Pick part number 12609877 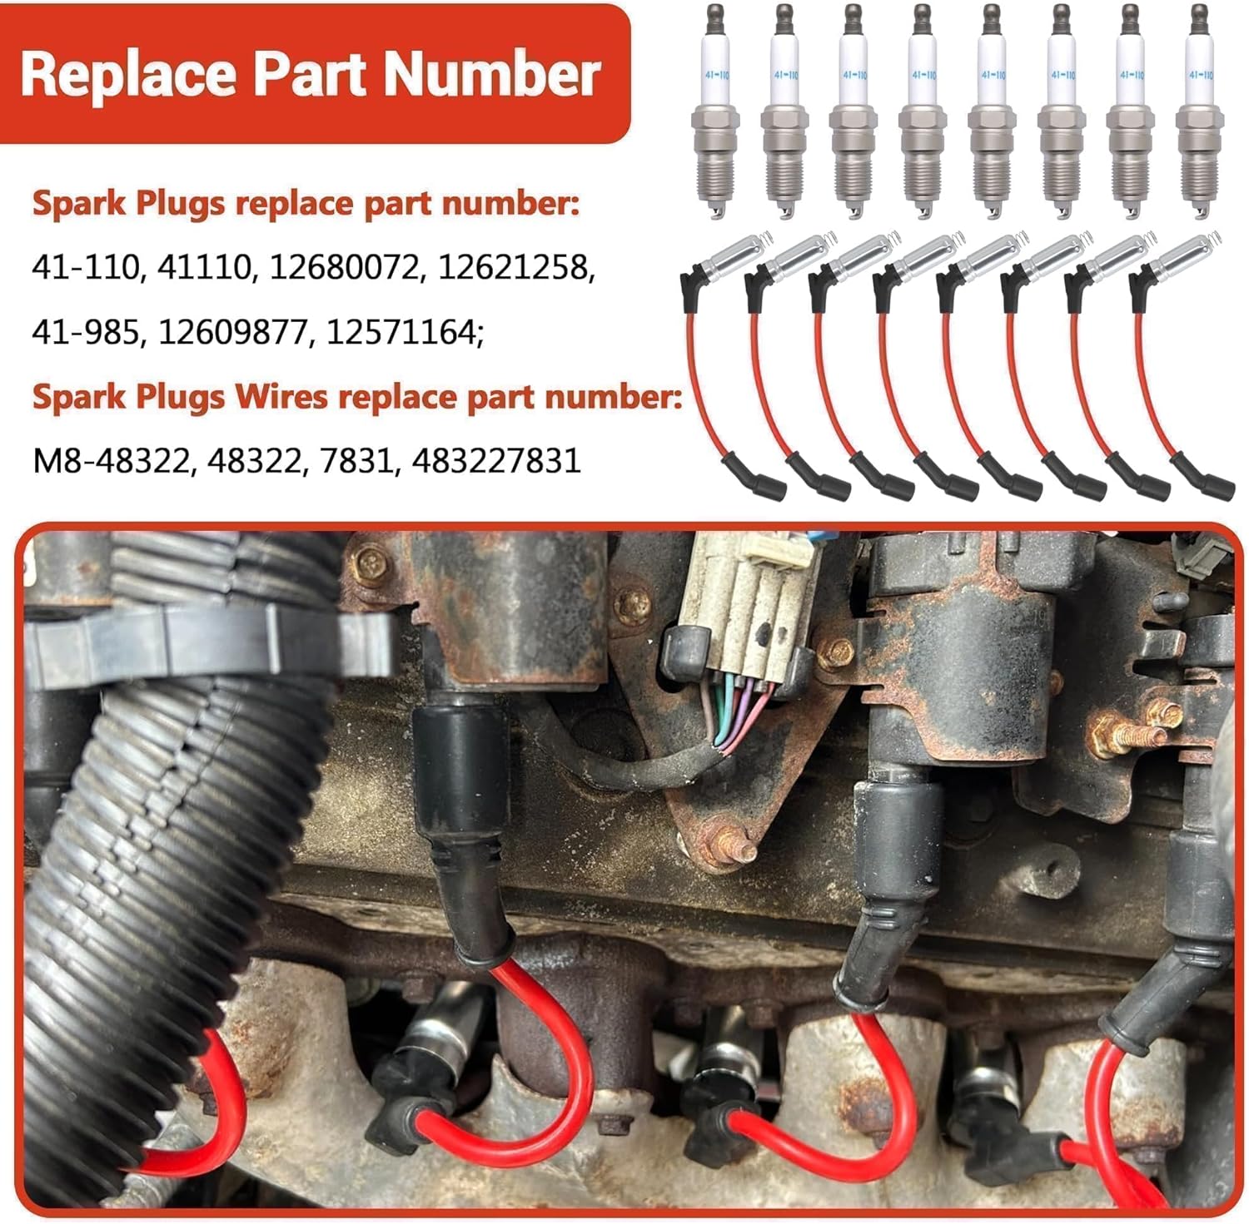tap(232, 332)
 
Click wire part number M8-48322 tap(111, 460)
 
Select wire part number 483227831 tap(496, 460)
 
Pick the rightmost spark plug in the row tap(1197, 112)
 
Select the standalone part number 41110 tap(204, 268)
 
